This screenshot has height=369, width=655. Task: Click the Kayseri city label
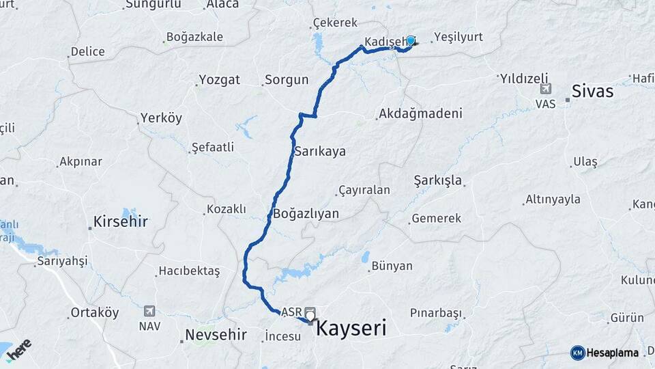point(351,329)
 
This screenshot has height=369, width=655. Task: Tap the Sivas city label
point(592,91)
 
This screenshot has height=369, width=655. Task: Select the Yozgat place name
point(219,80)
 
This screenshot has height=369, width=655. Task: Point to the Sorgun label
point(287,80)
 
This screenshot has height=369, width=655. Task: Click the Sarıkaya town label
point(319,152)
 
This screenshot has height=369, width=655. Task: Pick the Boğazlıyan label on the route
point(306,213)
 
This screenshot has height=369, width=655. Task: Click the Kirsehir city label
point(121,221)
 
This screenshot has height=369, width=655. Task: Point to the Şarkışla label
point(438,180)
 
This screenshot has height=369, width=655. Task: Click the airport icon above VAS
point(545,90)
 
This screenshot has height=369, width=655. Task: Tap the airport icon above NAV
point(149,312)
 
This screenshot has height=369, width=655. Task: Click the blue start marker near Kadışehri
point(411,41)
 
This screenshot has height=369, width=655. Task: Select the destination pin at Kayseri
point(310,314)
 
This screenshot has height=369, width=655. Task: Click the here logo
point(19,349)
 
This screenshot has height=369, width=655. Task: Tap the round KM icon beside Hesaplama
point(577,353)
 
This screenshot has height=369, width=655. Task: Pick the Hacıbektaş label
point(189,271)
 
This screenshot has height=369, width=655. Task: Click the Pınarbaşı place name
point(435,313)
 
